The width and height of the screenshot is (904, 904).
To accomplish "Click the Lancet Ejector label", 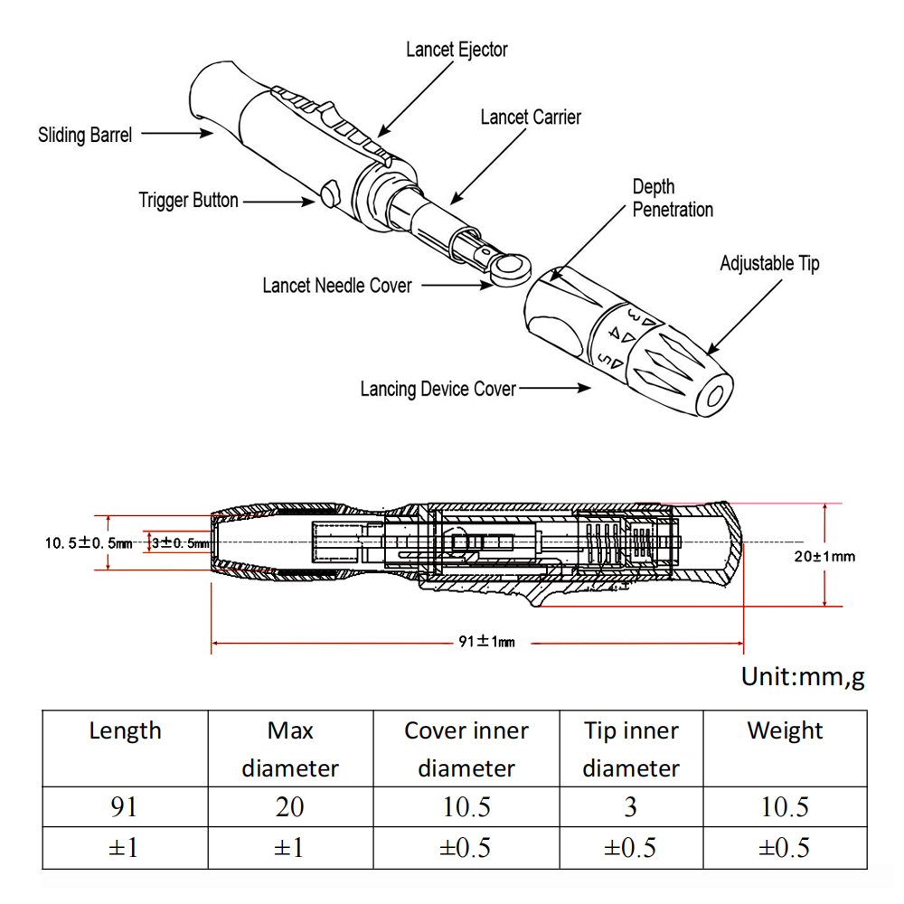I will (x=457, y=50).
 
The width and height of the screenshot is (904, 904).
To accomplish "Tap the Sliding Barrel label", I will (x=85, y=136).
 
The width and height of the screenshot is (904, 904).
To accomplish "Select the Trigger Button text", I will (x=188, y=200).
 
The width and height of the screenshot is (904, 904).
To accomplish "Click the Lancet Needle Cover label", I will (x=337, y=286).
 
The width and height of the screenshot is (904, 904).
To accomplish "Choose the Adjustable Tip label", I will (x=769, y=264).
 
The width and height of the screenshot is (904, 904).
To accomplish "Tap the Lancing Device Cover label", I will (x=438, y=390).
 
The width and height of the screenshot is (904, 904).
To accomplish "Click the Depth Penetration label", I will (x=673, y=198).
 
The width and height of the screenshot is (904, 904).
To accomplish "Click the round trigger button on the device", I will (x=329, y=191).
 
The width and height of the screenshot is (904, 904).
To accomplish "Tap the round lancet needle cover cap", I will (x=513, y=268).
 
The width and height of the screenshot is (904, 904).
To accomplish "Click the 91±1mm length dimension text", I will (x=486, y=642).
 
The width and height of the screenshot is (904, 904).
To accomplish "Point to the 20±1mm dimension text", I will (x=824, y=556).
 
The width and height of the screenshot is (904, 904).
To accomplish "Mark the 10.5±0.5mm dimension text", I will (x=89, y=543).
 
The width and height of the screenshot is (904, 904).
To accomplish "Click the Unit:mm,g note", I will (x=803, y=677).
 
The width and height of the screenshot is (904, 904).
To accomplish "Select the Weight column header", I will (x=785, y=731).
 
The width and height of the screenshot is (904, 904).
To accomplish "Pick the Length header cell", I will (x=125, y=731).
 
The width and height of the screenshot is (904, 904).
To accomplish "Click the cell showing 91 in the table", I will (x=125, y=806).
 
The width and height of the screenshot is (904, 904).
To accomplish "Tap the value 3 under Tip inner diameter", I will (x=630, y=806).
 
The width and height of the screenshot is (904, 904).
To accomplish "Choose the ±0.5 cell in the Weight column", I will (x=785, y=847).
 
